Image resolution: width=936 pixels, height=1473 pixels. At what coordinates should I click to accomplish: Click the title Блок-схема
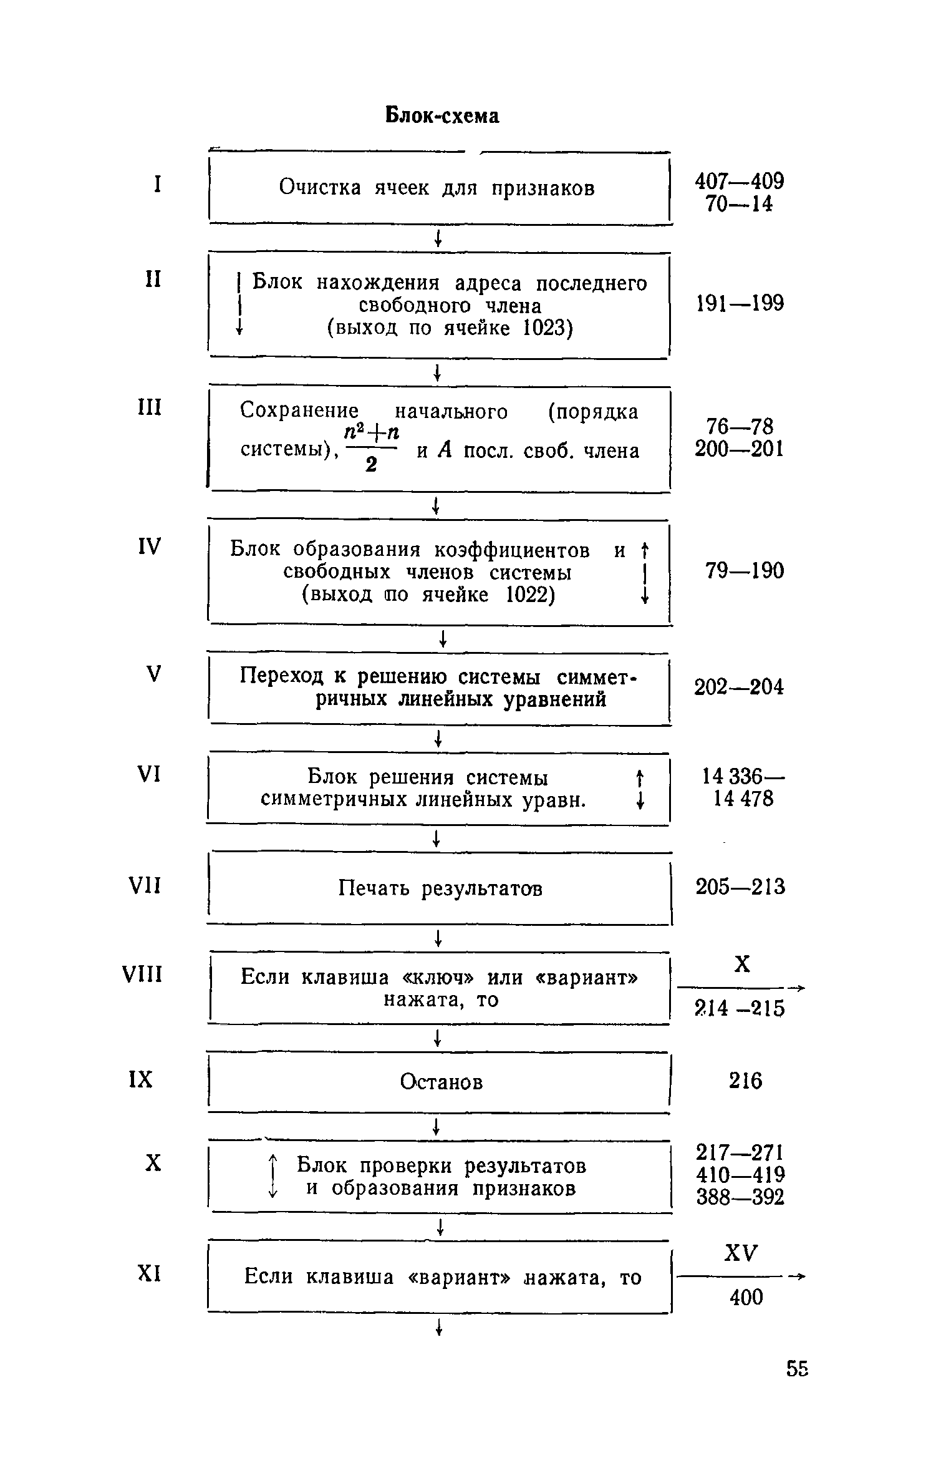(441, 115)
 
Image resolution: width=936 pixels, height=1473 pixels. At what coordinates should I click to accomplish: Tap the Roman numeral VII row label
(145, 885)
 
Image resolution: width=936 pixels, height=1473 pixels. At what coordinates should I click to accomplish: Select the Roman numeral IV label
(148, 547)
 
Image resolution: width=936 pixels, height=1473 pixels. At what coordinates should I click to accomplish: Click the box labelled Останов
(441, 1081)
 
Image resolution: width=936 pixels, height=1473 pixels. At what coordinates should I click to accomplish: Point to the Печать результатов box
(440, 888)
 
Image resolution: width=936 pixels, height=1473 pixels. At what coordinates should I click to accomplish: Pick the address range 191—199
(740, 304)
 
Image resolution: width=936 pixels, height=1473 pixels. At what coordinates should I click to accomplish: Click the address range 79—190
(745, 571)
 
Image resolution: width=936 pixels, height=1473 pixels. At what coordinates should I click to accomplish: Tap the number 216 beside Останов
(745, 1080)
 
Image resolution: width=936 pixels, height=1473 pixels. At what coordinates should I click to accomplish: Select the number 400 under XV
(746, 1297)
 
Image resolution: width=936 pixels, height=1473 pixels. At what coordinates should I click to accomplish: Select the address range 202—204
(739, 687)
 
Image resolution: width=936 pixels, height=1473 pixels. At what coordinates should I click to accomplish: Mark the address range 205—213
(740, 887)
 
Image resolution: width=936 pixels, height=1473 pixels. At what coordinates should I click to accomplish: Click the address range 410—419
(740, 1175)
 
